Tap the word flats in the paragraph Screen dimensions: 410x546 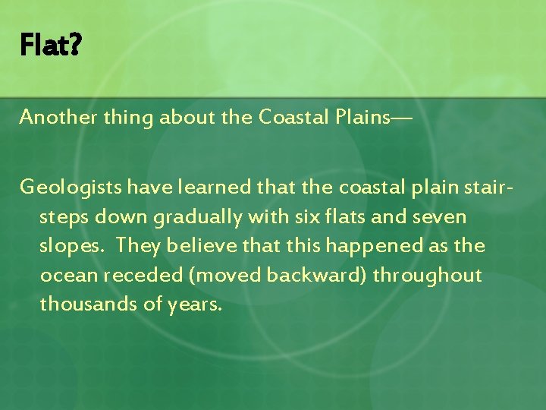click(347, 216)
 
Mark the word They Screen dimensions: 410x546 click(138, 246)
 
